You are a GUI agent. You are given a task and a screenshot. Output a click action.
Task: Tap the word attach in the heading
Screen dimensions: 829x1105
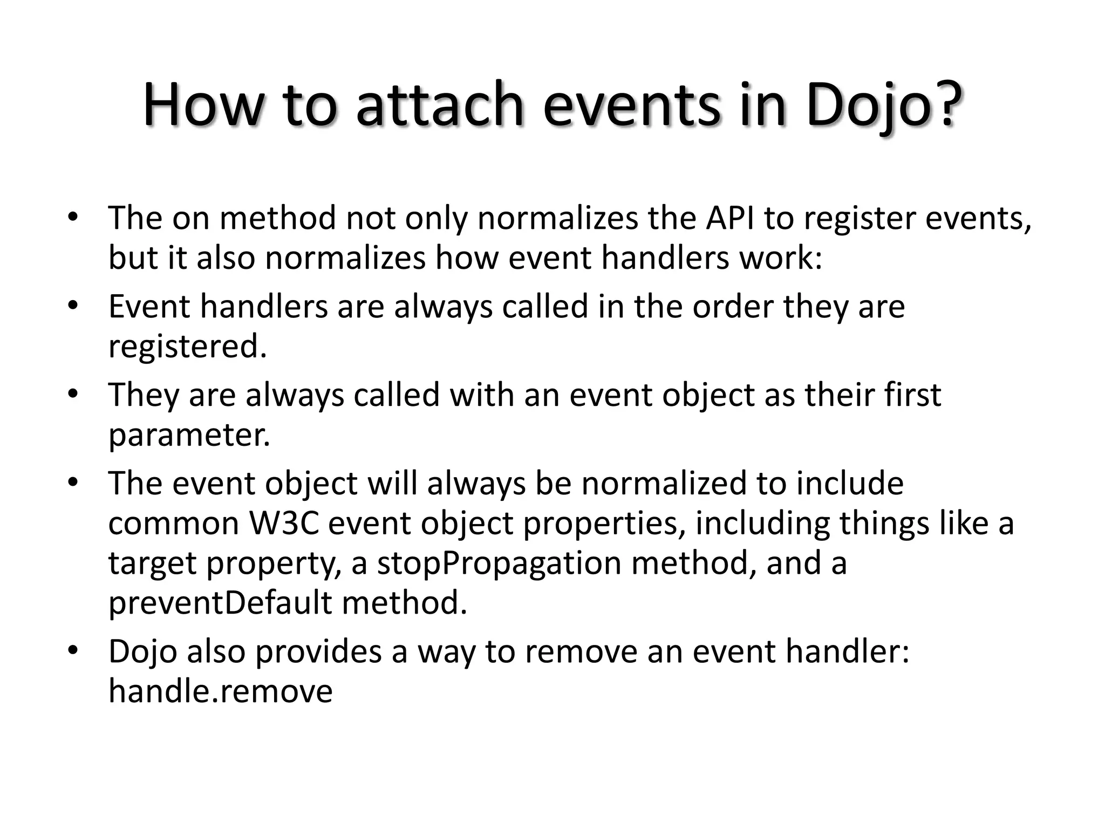[x=440, y=105]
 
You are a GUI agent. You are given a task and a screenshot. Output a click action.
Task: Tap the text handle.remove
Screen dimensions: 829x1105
[x=220, y=691]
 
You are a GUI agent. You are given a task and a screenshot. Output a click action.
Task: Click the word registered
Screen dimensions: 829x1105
[x=187, y=346]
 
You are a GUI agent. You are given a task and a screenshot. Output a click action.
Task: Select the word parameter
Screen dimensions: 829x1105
[x=189, y=435]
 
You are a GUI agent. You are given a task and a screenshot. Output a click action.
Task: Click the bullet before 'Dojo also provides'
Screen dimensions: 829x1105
[x=73, y=650]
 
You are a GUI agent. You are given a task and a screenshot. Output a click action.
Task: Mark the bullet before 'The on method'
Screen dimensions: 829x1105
[x=73, y=219]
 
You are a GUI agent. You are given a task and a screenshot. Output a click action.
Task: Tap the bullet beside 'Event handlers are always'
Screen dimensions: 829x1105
[x=73, y=307]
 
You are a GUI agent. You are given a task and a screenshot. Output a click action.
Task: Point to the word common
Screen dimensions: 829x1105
[x=173, y=523]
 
